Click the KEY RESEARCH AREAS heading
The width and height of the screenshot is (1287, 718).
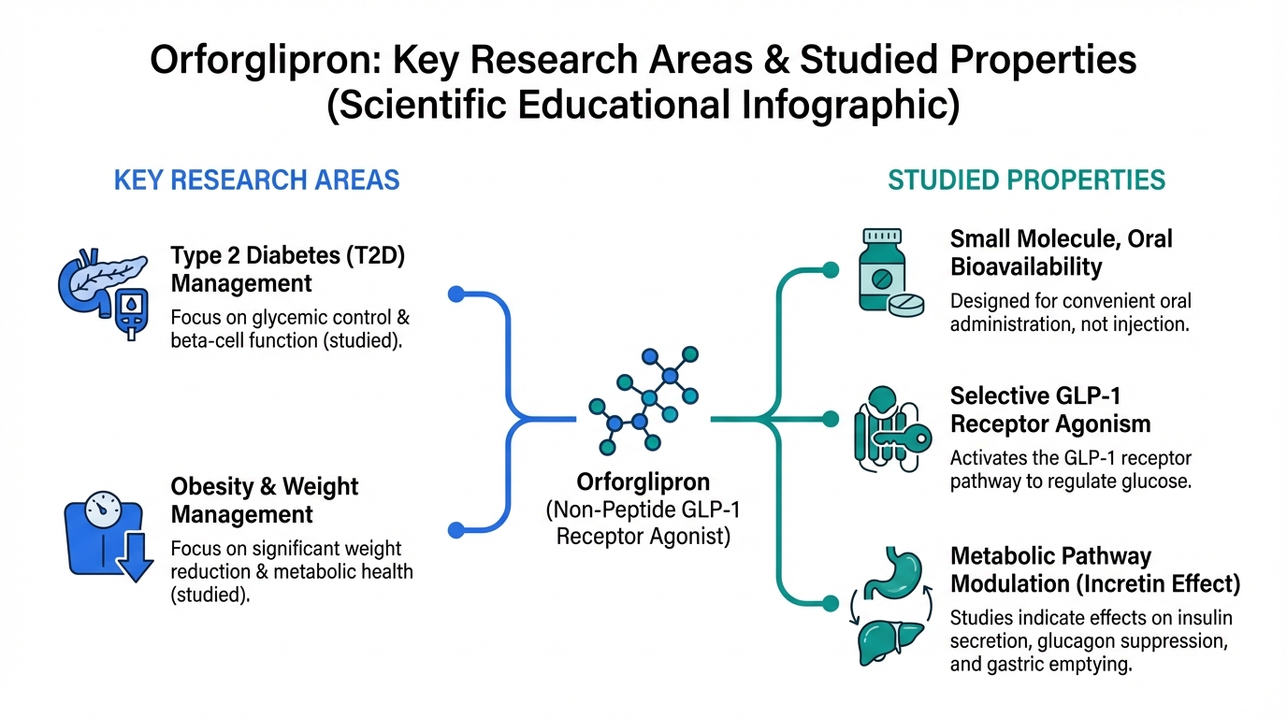pyautogui.click(x=257, y=180)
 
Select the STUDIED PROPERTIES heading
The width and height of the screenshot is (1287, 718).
pyautogui.click(x=1027, y=180)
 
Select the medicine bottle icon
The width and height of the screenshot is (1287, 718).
pyautogui.click(x=882, y=270)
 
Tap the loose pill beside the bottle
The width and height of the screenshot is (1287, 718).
pyautogui.click(x=906, y=305)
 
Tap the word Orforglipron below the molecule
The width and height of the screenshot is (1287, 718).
pyautogui.click(x=643, y=481)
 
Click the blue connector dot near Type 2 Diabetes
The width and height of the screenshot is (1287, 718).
pyautogui.click(x=456, y=294)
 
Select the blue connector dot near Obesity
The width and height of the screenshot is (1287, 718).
pyautogui.click(x=456, y=529)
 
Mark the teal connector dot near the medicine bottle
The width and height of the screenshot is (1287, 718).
pyautogui.click(x=831, y=270)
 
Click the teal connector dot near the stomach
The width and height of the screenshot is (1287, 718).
pyautogui.click(x=831, y=603)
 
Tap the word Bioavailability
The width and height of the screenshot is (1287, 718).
pyautogui.click(x=1026, y=267)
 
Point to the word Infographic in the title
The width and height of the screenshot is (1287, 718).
pyautogui.click(x=851, y=105)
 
